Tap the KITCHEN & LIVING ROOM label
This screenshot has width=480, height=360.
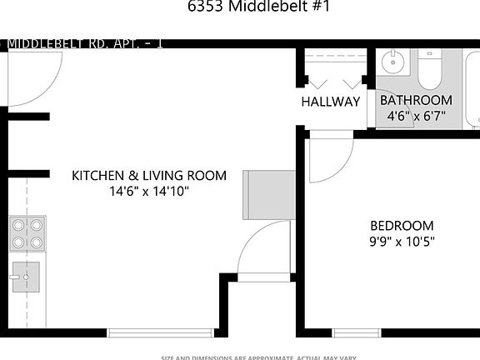click(149, 176)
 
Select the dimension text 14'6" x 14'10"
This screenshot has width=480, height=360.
click(149, 192)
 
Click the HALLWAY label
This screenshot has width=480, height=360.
click(331, 102)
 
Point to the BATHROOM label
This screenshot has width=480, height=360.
click(416, 101)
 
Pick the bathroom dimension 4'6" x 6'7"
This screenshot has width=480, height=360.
click(416, 117)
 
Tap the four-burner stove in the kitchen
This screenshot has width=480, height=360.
click(27, 233)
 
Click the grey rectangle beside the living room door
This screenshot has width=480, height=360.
click(268, 194)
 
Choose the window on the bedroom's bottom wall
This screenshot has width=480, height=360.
click(357, 332)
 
